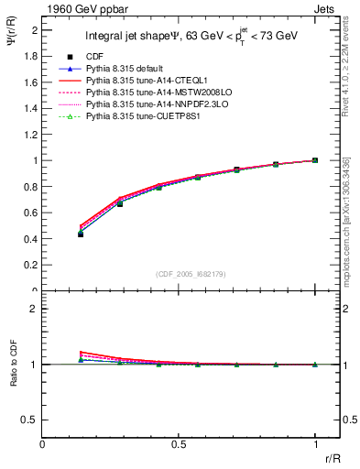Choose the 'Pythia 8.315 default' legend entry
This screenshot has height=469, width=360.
(125, 69)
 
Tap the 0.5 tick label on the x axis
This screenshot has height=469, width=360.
(179, 444)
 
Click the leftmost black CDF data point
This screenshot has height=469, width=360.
(81, 234)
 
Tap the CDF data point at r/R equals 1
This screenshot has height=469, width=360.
(314, 160)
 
